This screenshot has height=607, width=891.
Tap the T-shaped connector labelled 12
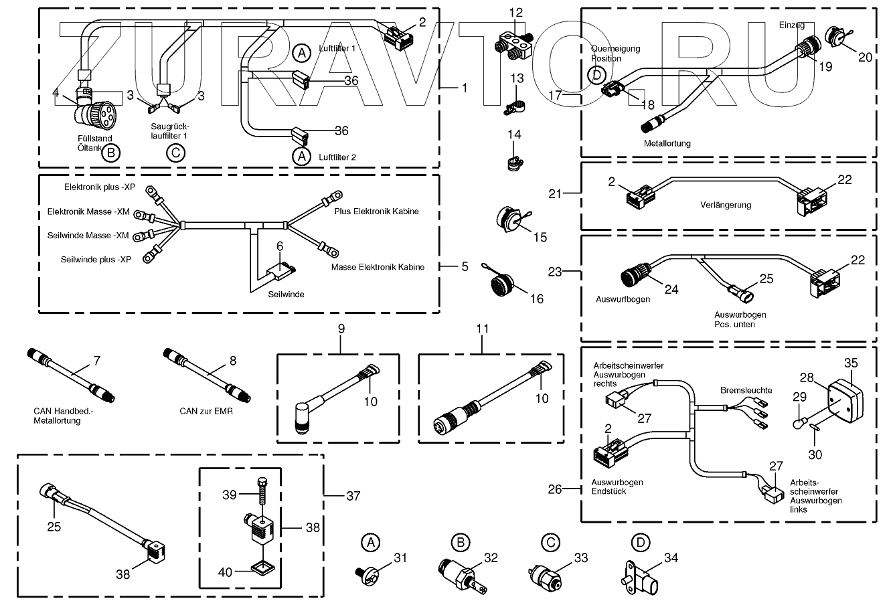pyautogui.click(x=512, y=44)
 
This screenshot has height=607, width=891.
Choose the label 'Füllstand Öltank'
pyautogui.click(x=93, y=143)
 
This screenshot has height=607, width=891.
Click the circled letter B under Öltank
pyautogui.click(x=112, y=154)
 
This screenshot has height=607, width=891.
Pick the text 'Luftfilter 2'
pyautogui.click(x=337, y=157)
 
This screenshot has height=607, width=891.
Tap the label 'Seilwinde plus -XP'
pyautogui.click(x=96, y=259)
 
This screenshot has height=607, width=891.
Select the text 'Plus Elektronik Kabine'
pyautogui.click(x=377, y=211)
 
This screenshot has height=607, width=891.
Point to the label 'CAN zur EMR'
pyautogui.click(x=206, y=411)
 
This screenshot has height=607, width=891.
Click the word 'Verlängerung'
pyautogui.click(x=726, y=205)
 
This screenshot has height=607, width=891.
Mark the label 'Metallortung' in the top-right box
pyautogui.click(x=667, y=143)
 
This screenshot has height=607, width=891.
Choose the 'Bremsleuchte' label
pyautogui.click(x=746, y=389)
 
